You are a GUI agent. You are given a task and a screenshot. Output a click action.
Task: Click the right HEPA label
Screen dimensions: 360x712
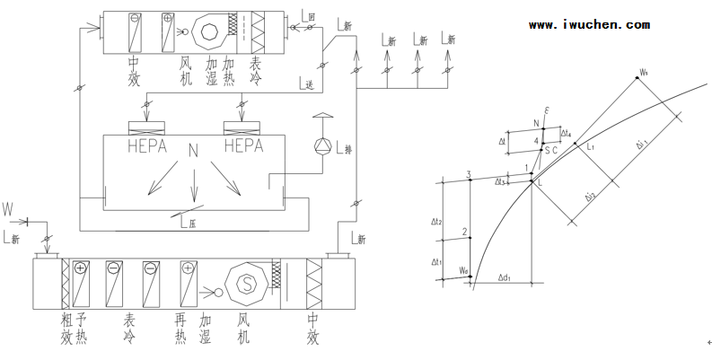click(241, 144)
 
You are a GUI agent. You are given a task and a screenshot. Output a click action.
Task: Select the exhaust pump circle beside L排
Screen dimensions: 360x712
click(321, 145)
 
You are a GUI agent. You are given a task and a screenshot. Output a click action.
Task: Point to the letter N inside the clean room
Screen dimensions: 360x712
click(193, 148)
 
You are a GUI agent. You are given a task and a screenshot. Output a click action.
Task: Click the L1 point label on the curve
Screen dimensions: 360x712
click(590, 145)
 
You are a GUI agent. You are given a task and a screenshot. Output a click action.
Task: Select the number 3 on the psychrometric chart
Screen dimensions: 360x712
click(469, 173)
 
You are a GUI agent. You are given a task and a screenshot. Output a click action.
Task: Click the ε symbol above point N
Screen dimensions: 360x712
click(546, 110)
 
